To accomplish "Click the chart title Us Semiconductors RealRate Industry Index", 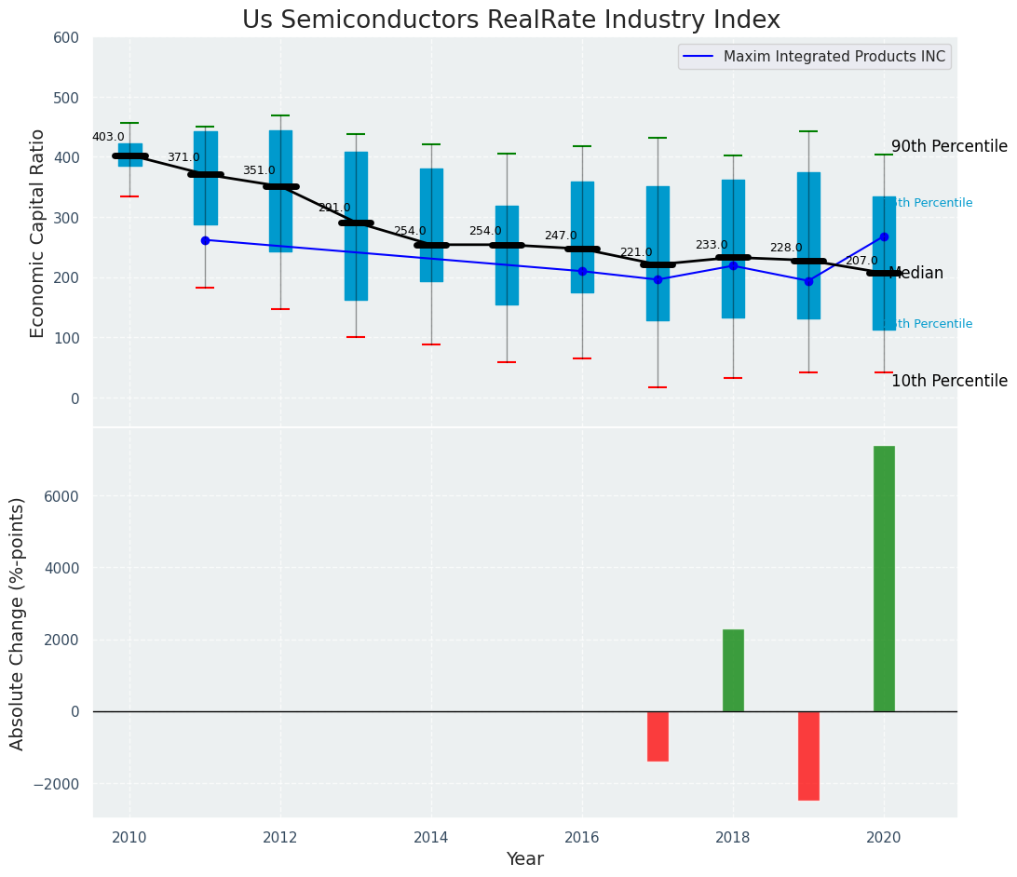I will (x=510, y=20).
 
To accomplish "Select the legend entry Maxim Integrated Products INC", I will (x=834, y=57).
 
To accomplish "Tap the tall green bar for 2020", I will (x=884, y=578).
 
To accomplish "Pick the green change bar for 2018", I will (x=733, y=670).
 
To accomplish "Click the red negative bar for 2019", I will (x=808, y=755).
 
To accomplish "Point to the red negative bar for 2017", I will (x=658, y=735).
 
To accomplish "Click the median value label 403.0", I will (x=108, y=137).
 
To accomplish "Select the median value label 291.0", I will (x=334, y=208).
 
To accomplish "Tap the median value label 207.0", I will (x=861, y=261).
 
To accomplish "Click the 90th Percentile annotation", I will (x=949, y=146).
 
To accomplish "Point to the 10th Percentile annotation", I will (x=949, y=381).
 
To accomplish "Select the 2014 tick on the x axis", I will (x=431, y=838).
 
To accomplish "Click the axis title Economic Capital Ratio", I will (x=38, y=233).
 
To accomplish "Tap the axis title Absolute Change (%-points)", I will (x=19, y=623).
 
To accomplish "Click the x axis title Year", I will (x=525, y=859).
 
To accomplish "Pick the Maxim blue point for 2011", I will (x=205, y=240).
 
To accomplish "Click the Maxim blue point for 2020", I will (x=884, y=236).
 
